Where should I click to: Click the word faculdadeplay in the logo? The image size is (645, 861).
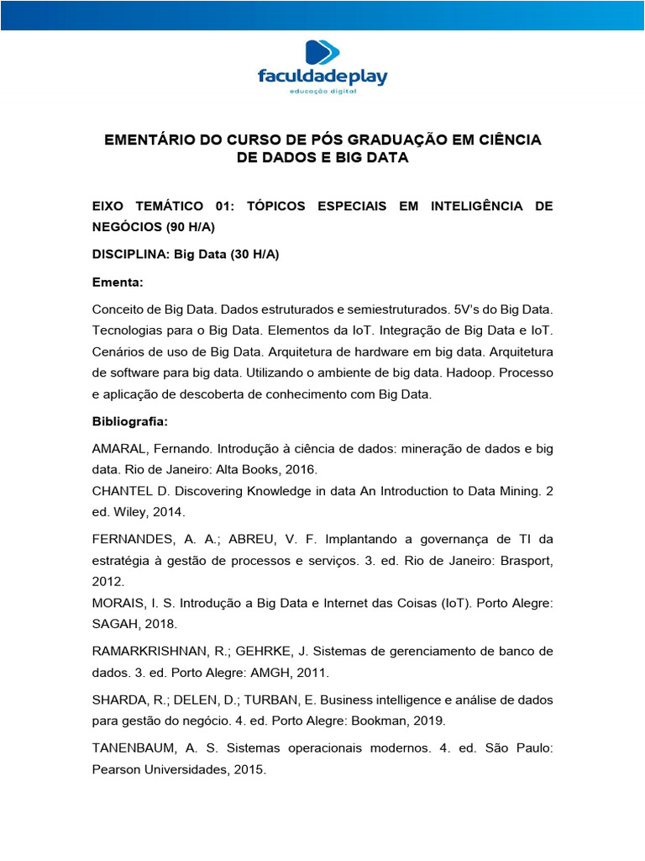[x=322, y=77]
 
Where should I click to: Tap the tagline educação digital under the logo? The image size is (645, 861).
[x=322, y=92]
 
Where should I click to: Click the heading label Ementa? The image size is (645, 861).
[x=118, y=282]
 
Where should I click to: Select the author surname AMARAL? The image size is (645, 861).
[x=120, y=450]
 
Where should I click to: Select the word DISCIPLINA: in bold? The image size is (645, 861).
[x=130, y=254]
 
